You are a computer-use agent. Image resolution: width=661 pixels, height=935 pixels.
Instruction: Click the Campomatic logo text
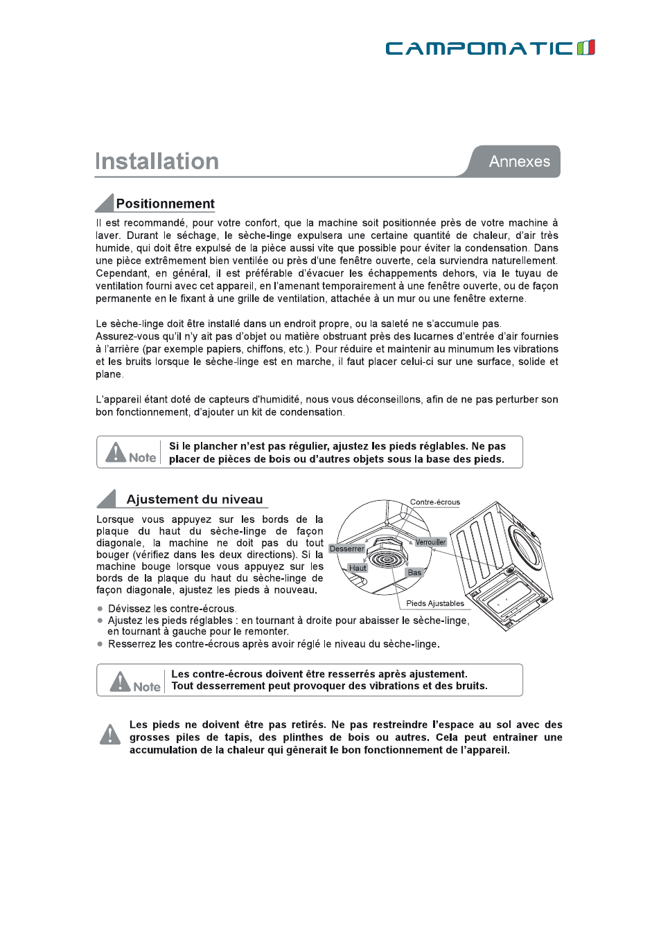[479, 48]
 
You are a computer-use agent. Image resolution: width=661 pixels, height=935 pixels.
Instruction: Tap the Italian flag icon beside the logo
[586, 47]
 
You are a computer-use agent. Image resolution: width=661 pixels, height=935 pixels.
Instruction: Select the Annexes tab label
[519, 161]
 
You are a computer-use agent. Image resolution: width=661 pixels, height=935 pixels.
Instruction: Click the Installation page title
[157, 161]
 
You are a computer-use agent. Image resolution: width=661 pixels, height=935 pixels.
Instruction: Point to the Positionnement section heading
[165, 204]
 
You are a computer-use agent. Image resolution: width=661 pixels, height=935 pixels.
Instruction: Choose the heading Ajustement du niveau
[194, 499]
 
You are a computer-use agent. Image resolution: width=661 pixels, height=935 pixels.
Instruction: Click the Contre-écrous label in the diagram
[434, 502]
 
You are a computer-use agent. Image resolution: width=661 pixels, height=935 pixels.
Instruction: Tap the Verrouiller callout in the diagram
[430, 542]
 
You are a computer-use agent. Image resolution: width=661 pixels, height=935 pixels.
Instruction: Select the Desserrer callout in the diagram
[346, 549]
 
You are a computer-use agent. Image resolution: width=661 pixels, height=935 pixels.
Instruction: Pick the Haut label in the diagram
[358, 568]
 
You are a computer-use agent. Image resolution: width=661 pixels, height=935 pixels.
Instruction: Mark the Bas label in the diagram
[414, 572]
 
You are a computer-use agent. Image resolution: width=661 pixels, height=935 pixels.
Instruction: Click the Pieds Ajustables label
[435, 603]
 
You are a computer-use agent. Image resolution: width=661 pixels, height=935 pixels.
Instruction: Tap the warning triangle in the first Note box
[116, 452]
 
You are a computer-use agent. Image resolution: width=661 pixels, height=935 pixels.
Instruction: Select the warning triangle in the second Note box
[121, 682]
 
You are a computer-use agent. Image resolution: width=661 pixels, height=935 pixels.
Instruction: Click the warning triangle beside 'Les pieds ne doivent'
[110, 734]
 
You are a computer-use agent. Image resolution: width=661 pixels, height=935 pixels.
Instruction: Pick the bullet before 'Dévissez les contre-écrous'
[100, 609]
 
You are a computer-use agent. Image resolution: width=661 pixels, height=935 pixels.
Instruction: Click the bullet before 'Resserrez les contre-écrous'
[100, 644]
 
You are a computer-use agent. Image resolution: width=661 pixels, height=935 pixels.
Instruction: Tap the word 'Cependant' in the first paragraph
[121, 274]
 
